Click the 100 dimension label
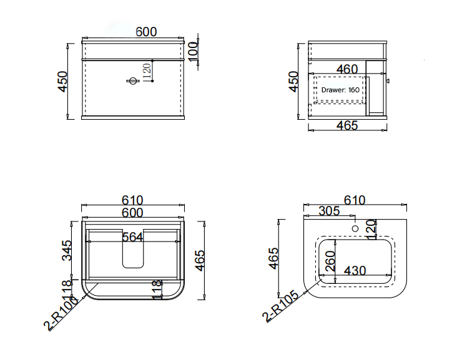(194, 52)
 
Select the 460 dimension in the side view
(347, 69)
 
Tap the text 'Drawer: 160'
(340, 90)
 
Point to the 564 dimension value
(132, 237)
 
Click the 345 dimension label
(67, 250)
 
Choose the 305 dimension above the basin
(330, 211)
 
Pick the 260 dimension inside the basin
(330, 261)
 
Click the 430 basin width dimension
(355, 271)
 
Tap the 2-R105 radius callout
(280, 306)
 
